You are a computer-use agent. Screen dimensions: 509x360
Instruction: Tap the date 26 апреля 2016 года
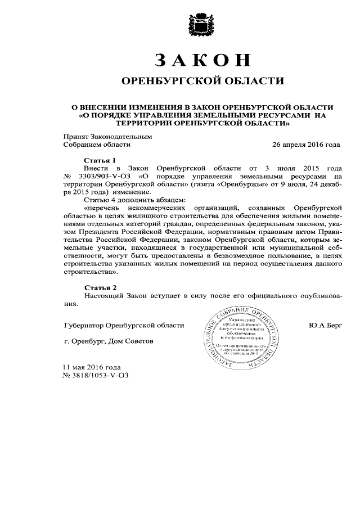point(306,144)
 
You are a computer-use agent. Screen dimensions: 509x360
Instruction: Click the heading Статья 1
point(100,160)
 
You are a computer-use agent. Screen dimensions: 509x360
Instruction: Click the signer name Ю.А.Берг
point(325,326)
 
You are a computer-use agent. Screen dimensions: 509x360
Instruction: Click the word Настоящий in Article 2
point(103,295)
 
